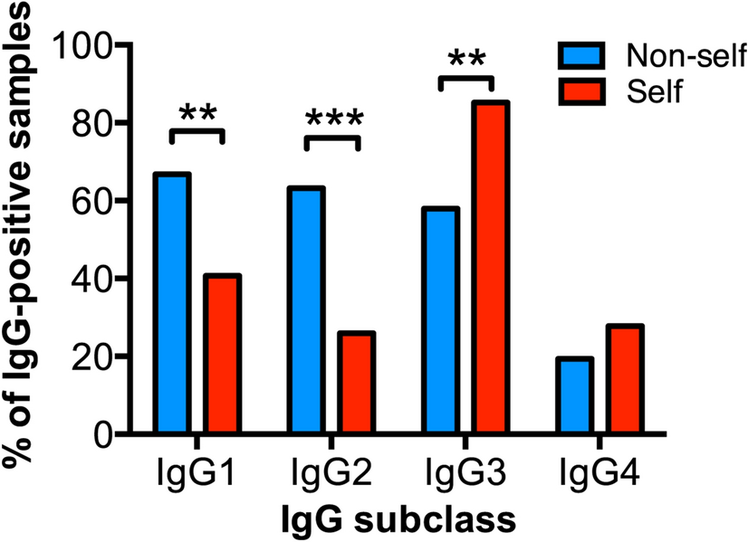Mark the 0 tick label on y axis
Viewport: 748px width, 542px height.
point(113,435)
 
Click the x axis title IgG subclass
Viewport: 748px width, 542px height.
point(399,518)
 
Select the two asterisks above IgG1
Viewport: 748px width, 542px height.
point(197,114)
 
